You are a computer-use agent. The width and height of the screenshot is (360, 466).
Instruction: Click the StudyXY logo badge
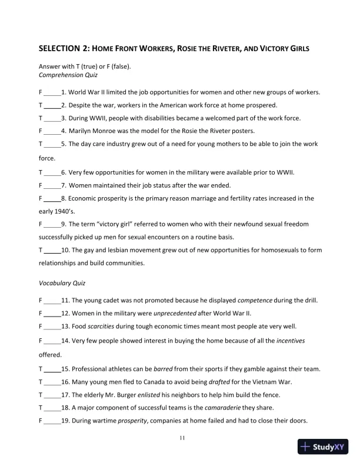point(324,447)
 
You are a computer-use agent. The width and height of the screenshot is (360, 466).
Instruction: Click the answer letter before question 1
point(41,92)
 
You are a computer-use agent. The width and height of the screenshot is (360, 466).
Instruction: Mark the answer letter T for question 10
point(41,250)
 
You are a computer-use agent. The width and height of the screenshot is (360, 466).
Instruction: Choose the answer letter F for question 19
point(41,420)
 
